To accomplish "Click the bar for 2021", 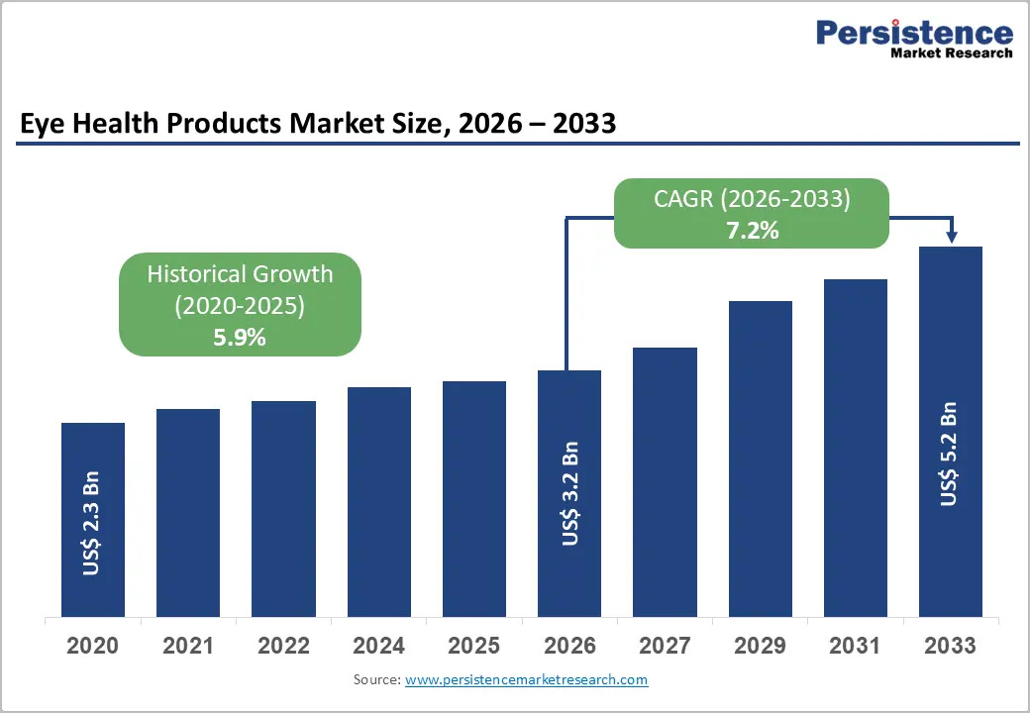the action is [188, 513].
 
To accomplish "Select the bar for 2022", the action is [284, 509].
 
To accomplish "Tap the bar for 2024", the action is [379, 502].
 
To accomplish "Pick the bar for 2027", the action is [665, 482].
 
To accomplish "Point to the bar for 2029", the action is [761, 458].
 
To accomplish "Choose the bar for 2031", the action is [856, 449].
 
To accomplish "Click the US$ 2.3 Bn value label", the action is [91, 523].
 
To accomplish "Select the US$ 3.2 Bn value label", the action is [570, 494].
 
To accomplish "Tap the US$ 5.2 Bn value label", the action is [949, 454].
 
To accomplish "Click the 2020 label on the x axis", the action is [93, 646].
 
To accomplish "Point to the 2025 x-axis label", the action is [473, 646].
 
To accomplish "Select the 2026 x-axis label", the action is [569, 646].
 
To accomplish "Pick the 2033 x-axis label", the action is [951, 646].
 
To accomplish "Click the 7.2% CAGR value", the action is [752, 231].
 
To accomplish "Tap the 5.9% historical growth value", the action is [240, 338].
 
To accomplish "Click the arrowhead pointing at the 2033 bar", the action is [952, 238].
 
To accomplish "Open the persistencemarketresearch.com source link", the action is [526, 679].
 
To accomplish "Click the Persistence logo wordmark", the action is [914, 33].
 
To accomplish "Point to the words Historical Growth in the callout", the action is [240, 273].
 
